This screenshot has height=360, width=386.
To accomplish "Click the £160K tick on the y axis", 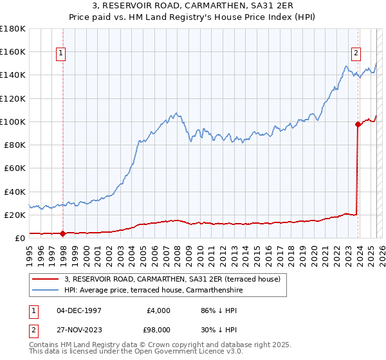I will (13, 51).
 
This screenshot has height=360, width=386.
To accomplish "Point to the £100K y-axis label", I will (13, 122).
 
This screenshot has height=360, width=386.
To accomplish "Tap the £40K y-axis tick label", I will (15, 192).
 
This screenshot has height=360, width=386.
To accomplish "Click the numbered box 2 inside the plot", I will (356, 54).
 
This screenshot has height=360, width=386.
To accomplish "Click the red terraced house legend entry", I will (172, 280).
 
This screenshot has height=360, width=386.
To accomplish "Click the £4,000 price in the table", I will (157, 310).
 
